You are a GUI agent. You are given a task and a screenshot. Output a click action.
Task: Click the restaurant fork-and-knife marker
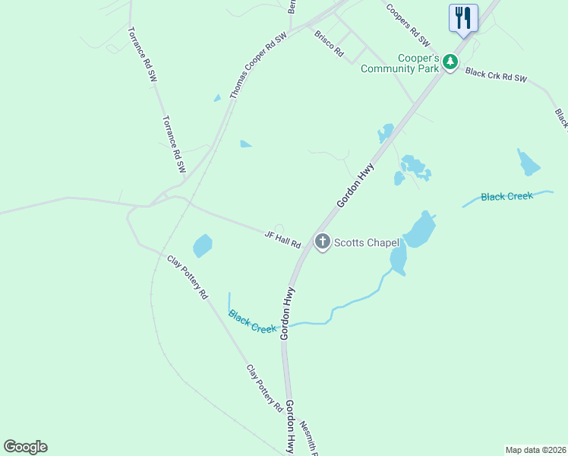tap(462, 17)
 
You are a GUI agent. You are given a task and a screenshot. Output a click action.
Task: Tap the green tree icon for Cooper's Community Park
tap(450, 62)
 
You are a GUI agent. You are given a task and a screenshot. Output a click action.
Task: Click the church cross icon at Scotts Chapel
tap(323, 242)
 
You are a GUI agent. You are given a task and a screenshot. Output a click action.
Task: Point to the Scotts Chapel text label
tap(368, 242)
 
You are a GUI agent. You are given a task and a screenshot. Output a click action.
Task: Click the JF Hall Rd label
tap(283, 240)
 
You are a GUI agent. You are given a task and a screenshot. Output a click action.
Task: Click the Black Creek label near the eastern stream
tap(507, 197)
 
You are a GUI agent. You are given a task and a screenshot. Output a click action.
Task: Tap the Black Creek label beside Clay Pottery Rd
tap(252, 322)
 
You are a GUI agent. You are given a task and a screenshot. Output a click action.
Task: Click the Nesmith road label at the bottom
tap(308, 437)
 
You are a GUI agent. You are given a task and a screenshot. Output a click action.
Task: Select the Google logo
tap(25, 447)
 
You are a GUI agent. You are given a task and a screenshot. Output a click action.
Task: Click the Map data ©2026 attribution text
tap(535, 450)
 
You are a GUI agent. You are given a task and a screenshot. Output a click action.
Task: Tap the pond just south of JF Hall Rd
tap(202, 245)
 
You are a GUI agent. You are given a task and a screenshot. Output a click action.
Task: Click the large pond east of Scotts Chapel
tap(418, 230)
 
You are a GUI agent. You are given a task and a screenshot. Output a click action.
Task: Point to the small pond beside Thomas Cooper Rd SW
tap(245, 143)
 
